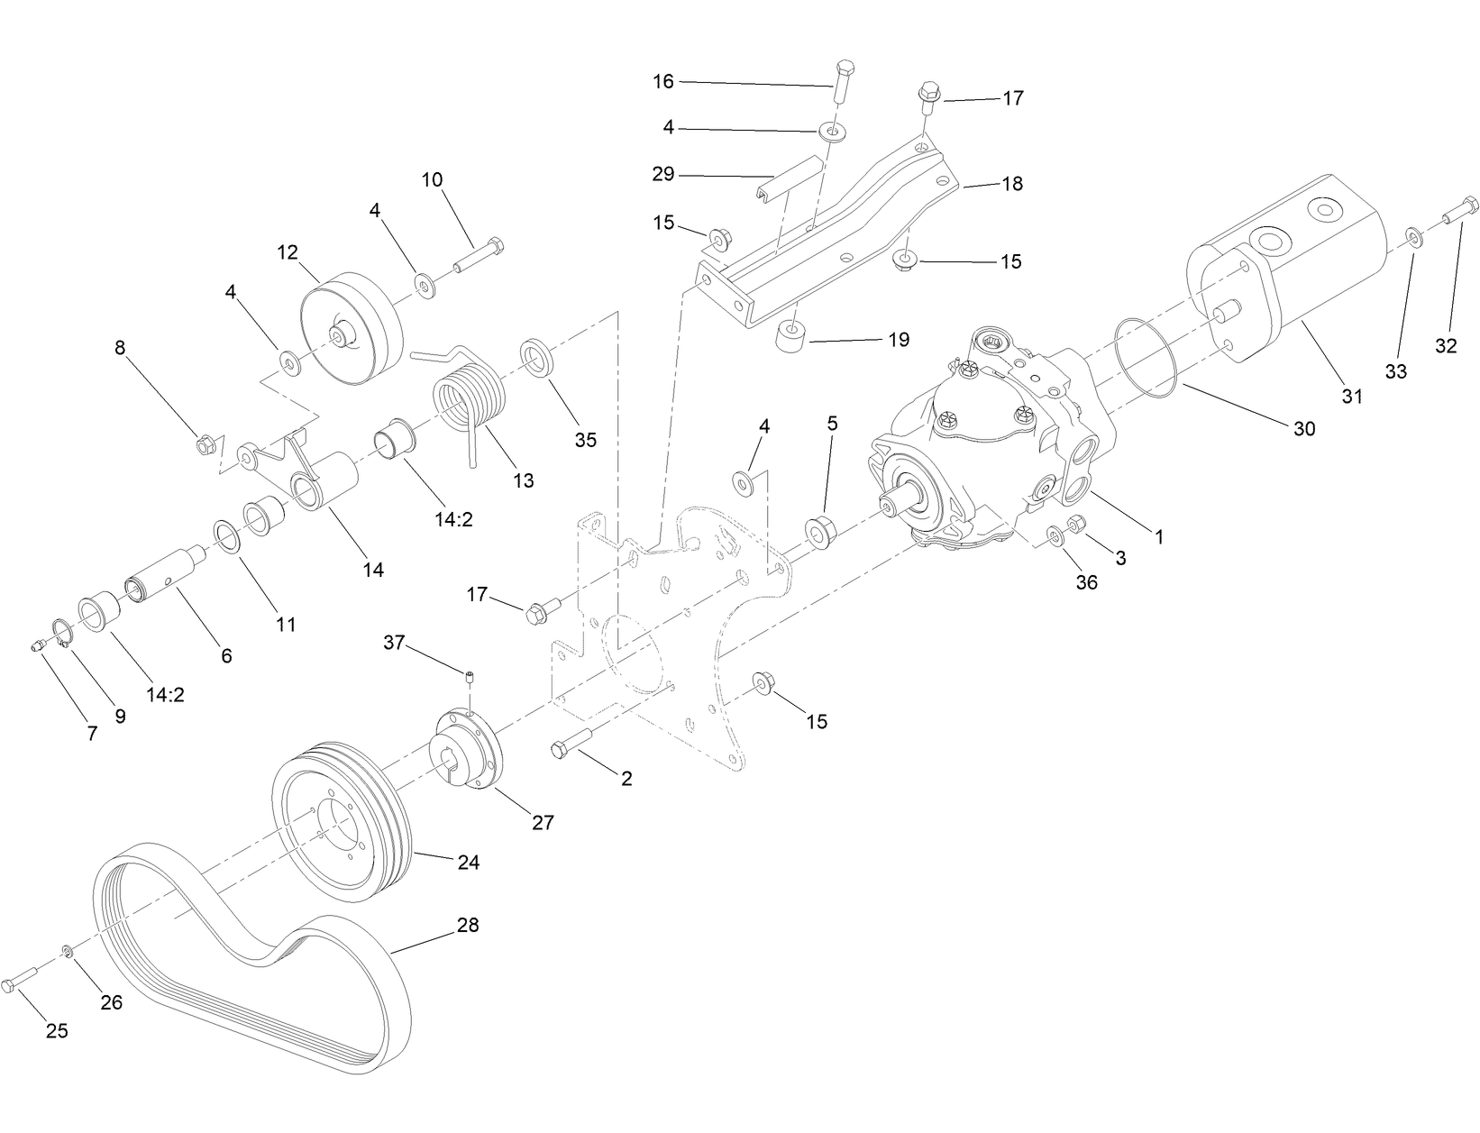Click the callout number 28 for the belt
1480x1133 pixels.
tap(467, 925)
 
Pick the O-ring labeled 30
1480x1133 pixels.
tap(1147, 357)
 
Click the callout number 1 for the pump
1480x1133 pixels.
tap(1159, 537)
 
